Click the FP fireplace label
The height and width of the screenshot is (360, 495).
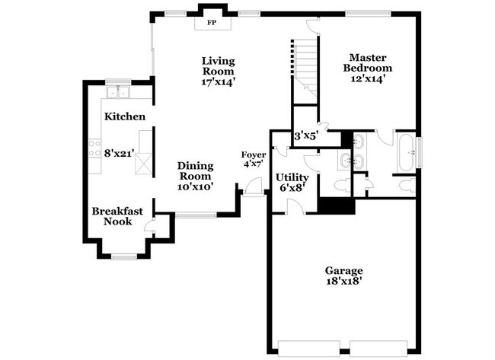[211, 23]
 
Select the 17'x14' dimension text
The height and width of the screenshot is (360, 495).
[218, 81]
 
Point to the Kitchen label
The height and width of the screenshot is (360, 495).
[125, 116]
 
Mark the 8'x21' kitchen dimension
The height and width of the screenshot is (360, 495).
[120, 153]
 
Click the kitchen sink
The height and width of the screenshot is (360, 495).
[117, 93]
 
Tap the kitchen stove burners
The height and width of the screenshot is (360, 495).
[96, 147]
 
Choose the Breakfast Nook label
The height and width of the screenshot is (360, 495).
[112, 216]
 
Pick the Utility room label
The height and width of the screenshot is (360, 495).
[292, 177]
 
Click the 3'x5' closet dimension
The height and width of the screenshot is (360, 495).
[306, 136]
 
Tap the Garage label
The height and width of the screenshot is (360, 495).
[343, 270]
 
